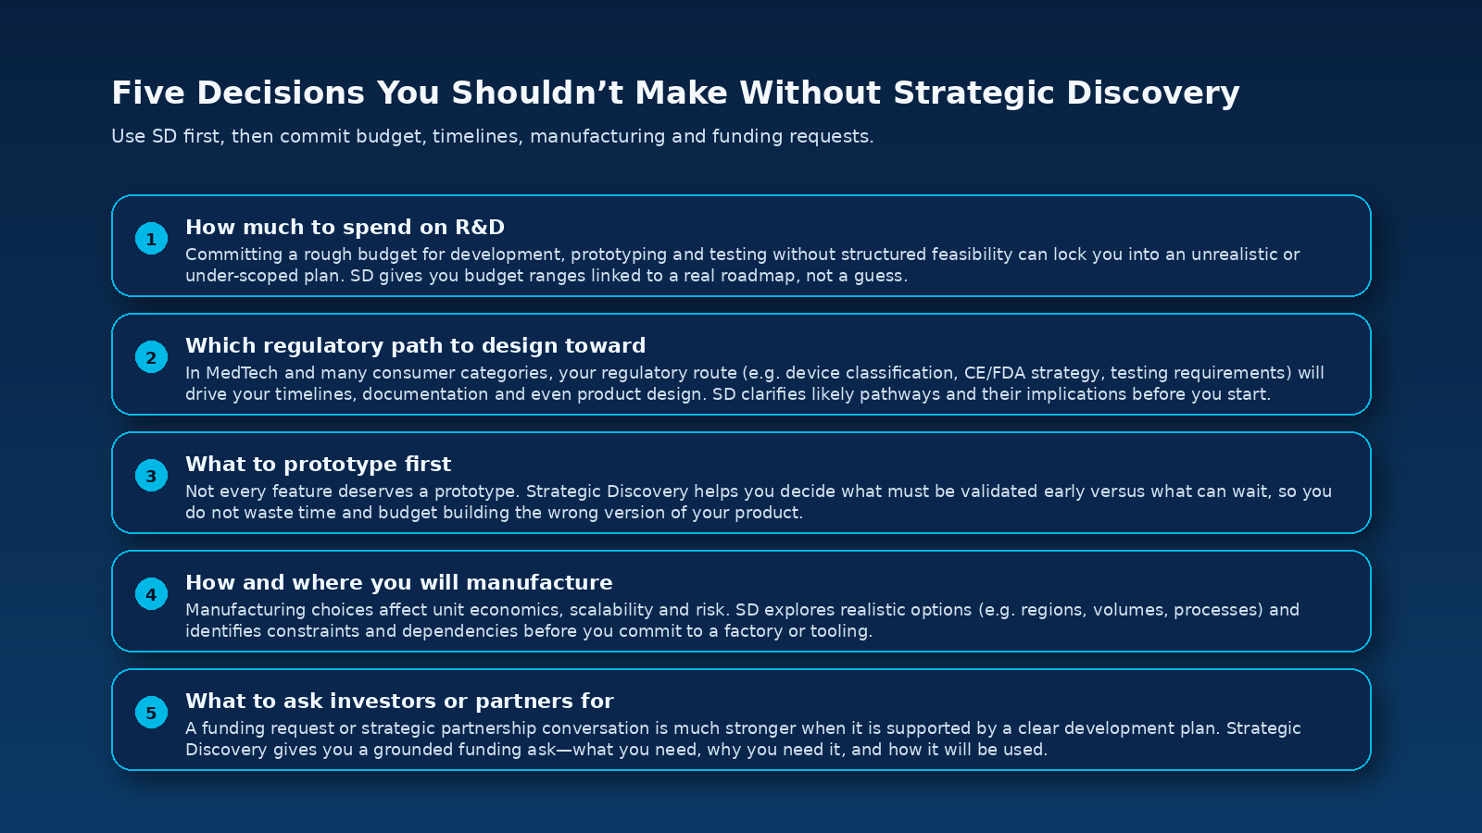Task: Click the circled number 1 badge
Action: coord(151,239)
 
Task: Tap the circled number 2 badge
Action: coord(151,357)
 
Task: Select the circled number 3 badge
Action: coord(151,476)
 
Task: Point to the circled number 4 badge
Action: coord(151,594)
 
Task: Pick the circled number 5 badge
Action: coord(151,713)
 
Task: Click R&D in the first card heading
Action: coord(480,227)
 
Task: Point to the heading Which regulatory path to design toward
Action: coord(415,345)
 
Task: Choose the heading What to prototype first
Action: coord(318,464)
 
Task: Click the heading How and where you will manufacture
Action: coord(398,582)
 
